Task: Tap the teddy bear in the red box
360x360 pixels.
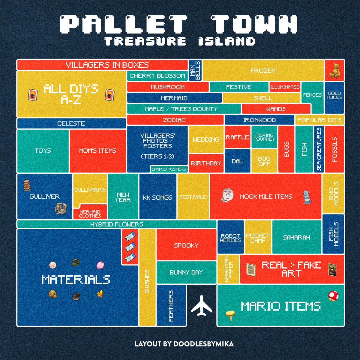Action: coord(334,70)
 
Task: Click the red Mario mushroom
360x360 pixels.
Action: coord(333,295)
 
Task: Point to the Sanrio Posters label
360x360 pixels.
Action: coord(169,169)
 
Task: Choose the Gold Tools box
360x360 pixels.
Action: coord(334,95)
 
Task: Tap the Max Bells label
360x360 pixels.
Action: coord(195,70)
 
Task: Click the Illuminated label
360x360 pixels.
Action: coord(285,87)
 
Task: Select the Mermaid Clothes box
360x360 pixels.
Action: coord(90,213)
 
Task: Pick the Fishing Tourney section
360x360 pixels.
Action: coord(264,137)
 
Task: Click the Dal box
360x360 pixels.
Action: coord(237,161)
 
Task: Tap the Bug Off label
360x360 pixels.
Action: coord(264,161)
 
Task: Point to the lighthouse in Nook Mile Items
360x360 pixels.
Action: coord(306,196)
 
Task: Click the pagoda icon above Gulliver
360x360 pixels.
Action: coord(27,185)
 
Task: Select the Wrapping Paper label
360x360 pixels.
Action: coord(229,269)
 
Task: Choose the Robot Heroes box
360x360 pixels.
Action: coord(230,238)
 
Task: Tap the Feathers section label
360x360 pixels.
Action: coord(171,305)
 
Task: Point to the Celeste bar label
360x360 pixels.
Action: coord(71,123)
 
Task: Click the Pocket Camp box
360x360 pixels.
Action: coord(258,238)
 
